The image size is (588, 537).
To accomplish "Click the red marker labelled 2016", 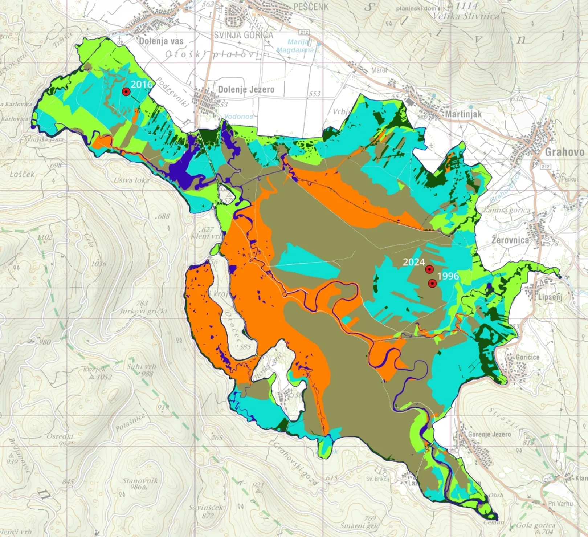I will (x=126, y=92).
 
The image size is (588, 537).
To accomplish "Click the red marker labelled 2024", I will (x=429, y=269).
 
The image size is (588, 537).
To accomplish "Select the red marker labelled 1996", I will (x=432, y=283).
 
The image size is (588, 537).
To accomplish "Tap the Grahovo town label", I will (x=564, y=152).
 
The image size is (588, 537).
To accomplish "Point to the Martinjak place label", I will (x=464, y=114).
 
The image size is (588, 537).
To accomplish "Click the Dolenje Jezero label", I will (x=246, y=89).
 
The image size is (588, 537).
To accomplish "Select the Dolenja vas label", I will (x=161, y=41).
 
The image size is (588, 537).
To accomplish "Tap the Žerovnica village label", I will (x=510, y=240).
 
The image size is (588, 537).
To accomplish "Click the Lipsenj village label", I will (x=550, y=297).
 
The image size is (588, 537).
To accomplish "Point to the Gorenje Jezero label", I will (x=489, y=434).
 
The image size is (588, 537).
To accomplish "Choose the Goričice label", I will (x=527, y=357).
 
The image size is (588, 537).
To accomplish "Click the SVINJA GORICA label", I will (x=243, y=35).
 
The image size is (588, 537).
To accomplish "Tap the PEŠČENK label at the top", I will (x=311, y=7).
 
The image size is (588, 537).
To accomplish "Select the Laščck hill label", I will (x=22, y=174).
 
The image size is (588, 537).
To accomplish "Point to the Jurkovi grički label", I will (x=144, y=311).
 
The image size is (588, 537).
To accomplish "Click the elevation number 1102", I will (x=45, y=237).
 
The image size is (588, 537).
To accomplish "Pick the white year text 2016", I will (x=142, y=84).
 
